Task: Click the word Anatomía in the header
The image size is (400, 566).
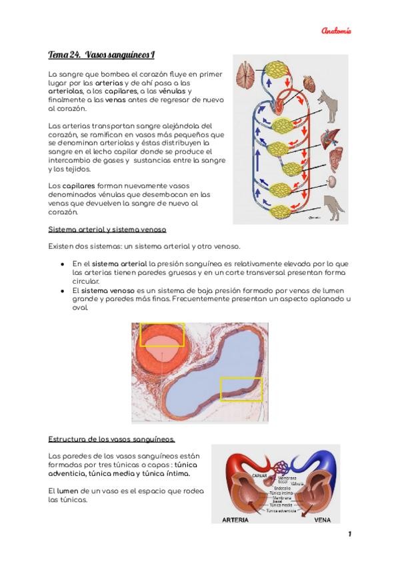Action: point(336,31)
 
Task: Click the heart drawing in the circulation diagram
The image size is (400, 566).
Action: point(309,84)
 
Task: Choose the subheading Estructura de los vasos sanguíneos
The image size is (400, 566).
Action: point(112,439)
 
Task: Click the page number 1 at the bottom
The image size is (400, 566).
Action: point(349,535)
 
